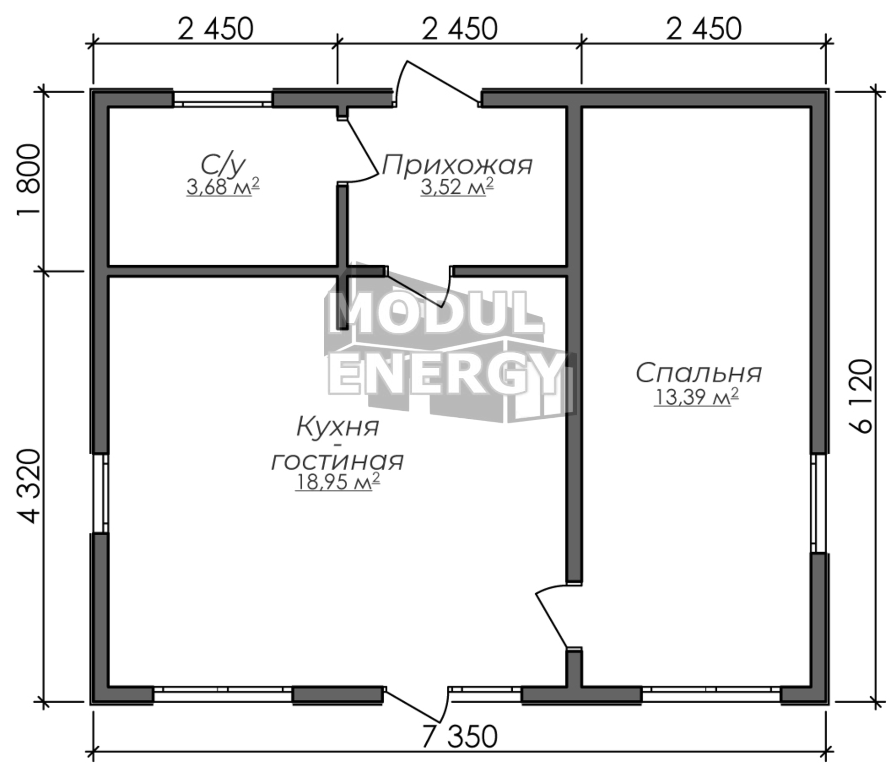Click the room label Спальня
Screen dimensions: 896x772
tap(699, 374)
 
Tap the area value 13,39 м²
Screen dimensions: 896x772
tap(696, 398)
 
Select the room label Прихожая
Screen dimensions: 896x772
tap(457, 165)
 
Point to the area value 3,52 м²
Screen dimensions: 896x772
tap(457, 187)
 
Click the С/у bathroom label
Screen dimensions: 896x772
tap(223, 165)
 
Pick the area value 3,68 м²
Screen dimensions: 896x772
tap(223, 187)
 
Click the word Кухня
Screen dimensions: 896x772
tap(337, 427)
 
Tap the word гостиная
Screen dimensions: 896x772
tap(337, 461)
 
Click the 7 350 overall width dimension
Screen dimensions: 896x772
tap(459, 737)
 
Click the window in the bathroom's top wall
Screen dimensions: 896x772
tap(223, 98)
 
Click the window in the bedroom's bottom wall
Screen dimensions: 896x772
tap(711, 695)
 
